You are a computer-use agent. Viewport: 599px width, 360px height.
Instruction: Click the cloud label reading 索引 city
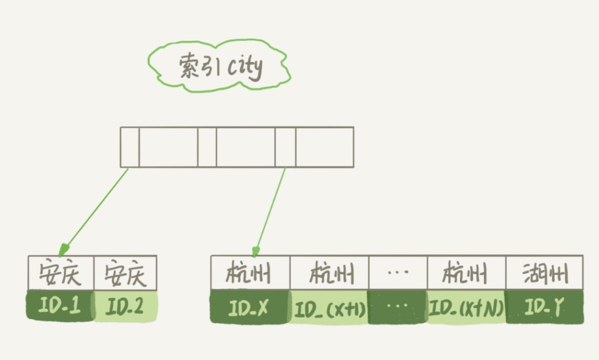[x=218, y=68]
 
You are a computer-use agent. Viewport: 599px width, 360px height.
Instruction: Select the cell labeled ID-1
[x=60, y=305]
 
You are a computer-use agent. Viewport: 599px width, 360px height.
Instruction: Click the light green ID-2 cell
[x=125, y=305]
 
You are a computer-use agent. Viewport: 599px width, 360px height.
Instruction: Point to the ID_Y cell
[x=544, y=307]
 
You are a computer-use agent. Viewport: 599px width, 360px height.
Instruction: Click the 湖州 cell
[x=544, y=273]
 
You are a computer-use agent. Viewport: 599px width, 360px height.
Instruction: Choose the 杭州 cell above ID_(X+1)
[x=329, y=273]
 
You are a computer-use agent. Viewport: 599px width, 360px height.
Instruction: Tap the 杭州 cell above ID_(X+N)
[x=466, y=273]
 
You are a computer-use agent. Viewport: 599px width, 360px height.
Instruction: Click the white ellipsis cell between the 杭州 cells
[x=397, y=273]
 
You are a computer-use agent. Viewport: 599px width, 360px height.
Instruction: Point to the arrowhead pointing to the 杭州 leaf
[x=256, y=251]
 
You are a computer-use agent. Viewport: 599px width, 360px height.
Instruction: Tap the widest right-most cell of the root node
[x=324, y=147]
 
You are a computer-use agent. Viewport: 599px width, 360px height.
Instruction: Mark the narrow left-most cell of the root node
[x=129, y=147]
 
